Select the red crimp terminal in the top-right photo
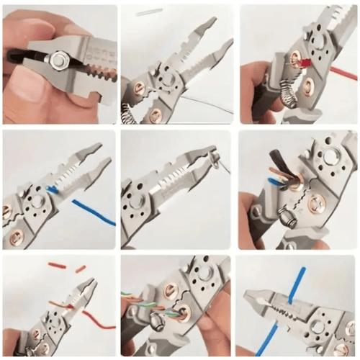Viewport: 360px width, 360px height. point(305,63)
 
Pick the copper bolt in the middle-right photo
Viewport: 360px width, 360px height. point(315,206)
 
